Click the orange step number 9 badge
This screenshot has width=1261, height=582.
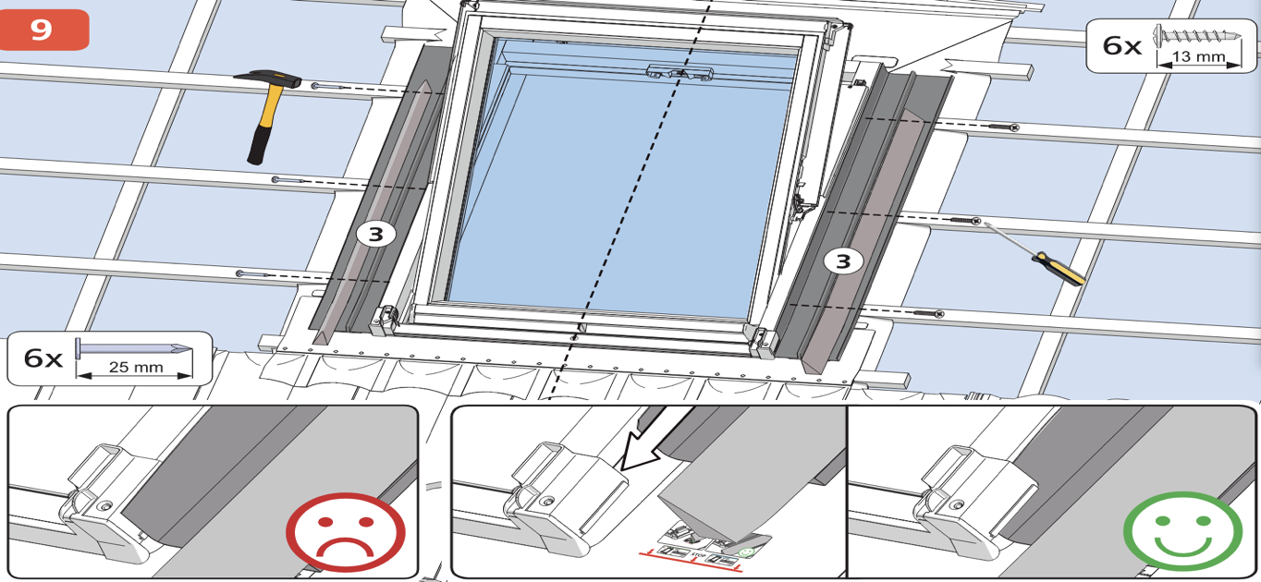[x=43, y=30]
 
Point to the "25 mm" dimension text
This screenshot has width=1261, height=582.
[x=135, y=367]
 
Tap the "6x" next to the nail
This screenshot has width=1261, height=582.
[x=42, y=358]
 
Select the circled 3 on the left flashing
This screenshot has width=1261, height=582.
[x=375, y=235]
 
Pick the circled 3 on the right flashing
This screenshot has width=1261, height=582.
[x=843, y=261]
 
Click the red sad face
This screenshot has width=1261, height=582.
[x=345, y=533]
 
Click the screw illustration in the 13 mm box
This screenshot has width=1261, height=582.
[x=1197, y=38]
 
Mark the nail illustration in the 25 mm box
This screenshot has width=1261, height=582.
[x=135, y=347]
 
